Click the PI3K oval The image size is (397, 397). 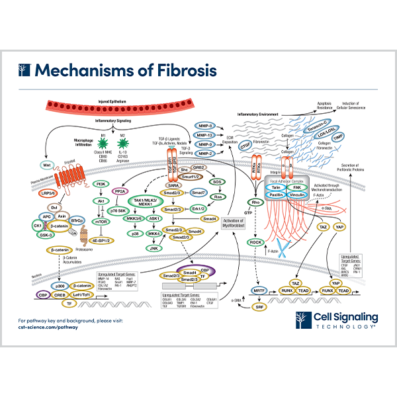(101, 184)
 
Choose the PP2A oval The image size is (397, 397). (120, 191)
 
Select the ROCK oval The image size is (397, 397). (255, 242)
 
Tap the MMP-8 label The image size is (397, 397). (206, 125)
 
